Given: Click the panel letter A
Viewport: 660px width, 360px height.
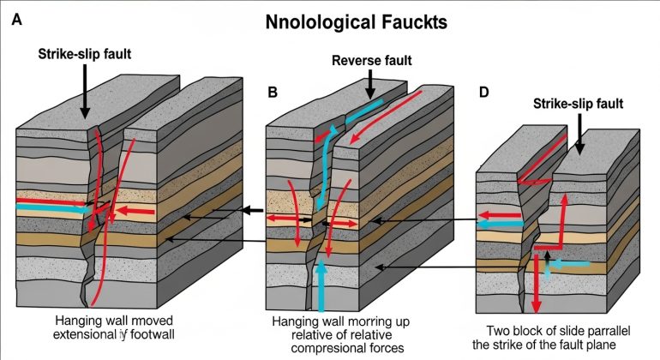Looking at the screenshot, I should [15, 21].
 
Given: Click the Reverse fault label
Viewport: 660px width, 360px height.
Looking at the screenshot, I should [371, 61].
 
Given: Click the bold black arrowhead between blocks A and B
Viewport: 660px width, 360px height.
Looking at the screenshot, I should [249, 210].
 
